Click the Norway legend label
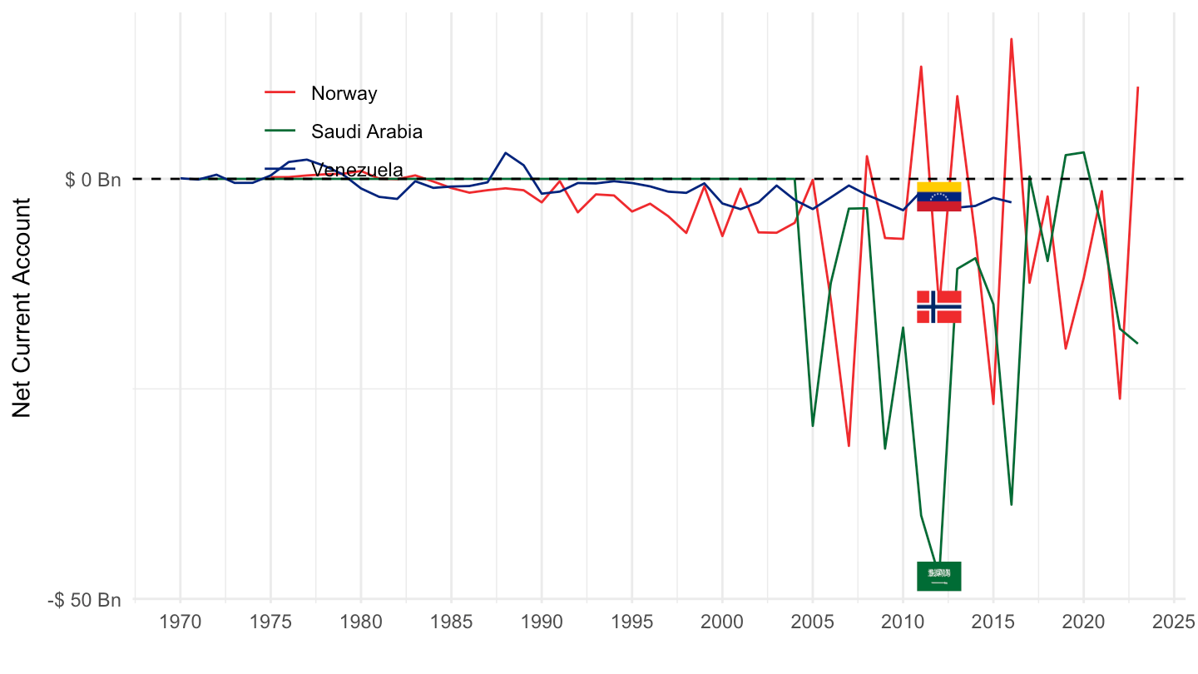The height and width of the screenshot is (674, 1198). (344, 93)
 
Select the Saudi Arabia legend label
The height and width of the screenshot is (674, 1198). (367, 131)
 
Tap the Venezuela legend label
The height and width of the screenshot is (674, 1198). (357, 170)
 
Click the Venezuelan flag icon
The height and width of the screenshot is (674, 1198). (938, 196)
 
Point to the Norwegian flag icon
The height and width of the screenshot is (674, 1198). (938, 306)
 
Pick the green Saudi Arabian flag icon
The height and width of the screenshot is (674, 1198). (938, 576)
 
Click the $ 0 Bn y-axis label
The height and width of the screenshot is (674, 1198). (93, 179)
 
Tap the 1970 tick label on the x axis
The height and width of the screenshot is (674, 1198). (180, 622)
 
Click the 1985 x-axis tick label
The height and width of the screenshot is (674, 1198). (451, 622)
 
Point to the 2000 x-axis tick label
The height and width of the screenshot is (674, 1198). (722, 622)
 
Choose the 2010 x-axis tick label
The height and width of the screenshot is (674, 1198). (903, 622)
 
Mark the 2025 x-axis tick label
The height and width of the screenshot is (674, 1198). (1174, 622)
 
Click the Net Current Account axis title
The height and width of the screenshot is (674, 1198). (22, 308)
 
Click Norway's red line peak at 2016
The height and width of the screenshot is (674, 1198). (1012, 39)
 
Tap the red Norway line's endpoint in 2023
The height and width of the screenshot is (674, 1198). (1137, 87)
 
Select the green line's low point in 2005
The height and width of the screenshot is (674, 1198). (813, 426)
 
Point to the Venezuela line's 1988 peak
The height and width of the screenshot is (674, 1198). (505, 153)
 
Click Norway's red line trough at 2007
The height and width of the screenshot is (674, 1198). (849, 446)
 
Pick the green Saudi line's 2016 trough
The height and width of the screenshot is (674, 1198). (1012, 504)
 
